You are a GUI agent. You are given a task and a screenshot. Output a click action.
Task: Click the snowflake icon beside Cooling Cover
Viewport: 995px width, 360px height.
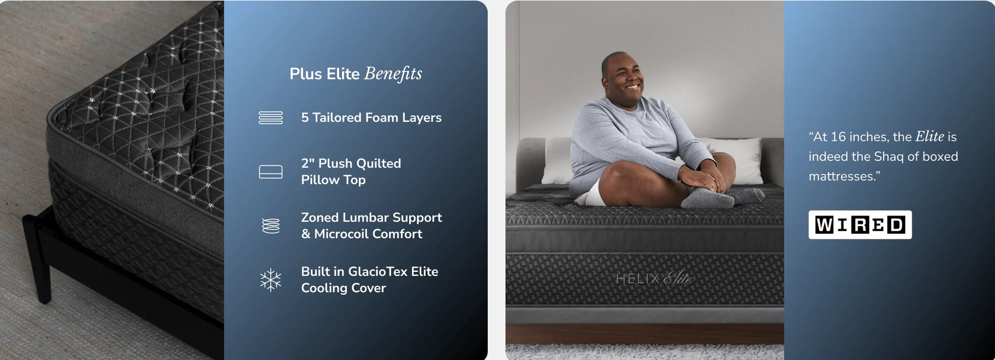tap(271, 280)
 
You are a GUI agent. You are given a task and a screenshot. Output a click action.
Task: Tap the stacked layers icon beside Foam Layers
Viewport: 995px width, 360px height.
tap(271, 118)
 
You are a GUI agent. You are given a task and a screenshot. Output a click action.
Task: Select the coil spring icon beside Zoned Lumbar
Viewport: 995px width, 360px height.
tap(271, 226)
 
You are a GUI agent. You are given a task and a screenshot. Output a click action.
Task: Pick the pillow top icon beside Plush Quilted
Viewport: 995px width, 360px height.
tap(271, 172)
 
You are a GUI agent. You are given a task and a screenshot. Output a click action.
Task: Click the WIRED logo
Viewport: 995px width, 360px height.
tap(860, 225)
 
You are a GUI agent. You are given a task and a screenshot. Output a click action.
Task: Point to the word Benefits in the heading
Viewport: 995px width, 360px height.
tap(392, 74)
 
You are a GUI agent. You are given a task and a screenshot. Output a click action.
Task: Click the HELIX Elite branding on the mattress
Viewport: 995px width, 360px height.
tap(654, 279)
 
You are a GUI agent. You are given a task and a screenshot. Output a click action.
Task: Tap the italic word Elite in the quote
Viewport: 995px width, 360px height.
tap(929, 136)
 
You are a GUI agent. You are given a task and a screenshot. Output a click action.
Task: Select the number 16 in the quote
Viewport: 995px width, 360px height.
tap(838, 137)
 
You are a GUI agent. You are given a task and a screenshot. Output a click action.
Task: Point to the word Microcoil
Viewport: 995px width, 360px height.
tap(340, 234)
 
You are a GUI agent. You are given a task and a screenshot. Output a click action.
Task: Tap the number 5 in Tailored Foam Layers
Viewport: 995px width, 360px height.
tap(305, 118)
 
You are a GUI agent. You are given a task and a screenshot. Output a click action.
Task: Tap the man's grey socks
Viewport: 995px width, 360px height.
tap(720, 197)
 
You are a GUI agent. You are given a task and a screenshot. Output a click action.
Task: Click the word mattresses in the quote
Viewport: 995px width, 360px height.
tap(841, 176)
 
